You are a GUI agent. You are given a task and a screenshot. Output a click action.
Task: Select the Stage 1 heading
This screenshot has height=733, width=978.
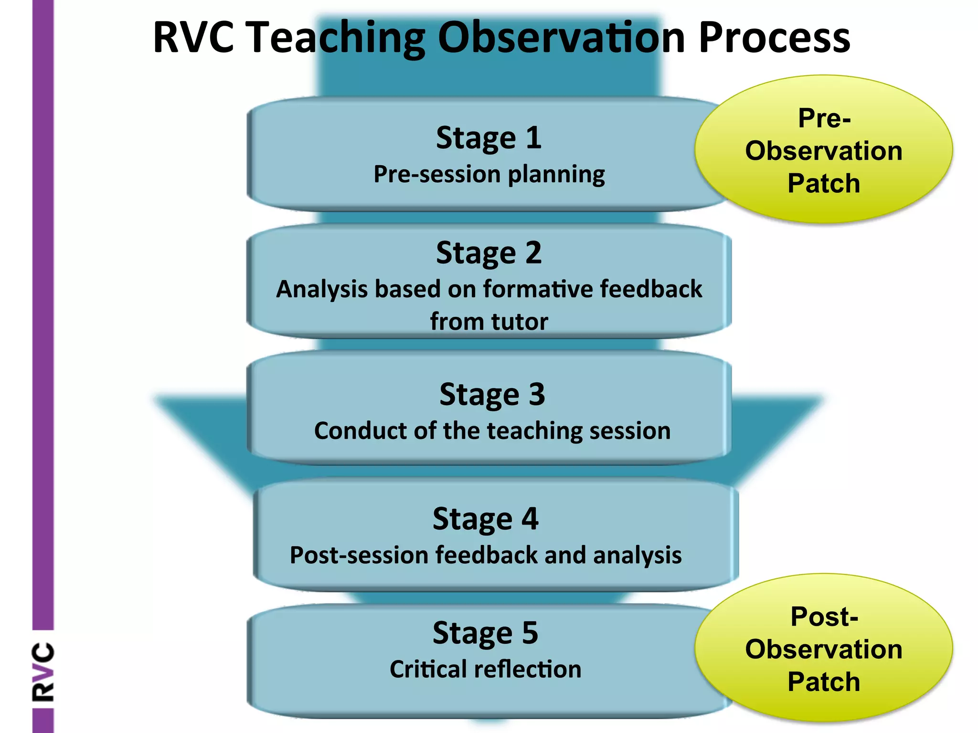point(489,138)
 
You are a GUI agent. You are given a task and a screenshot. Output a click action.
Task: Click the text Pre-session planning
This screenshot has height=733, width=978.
point(489,174)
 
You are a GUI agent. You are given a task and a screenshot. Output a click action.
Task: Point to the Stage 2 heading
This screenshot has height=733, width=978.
point(489,252)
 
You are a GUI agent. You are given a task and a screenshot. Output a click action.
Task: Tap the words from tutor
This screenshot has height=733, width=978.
point(489,321)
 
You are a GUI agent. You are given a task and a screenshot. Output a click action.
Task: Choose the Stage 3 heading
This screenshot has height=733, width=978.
point(492,395)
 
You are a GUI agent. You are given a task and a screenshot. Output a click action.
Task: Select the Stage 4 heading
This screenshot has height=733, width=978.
point(485,519)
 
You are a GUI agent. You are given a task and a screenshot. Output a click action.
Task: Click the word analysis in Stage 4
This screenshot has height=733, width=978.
point(637,555)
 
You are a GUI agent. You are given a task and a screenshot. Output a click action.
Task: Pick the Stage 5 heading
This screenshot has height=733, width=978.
point(485,633)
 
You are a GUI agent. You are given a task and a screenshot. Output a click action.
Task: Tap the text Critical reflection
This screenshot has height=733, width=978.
point(485,669)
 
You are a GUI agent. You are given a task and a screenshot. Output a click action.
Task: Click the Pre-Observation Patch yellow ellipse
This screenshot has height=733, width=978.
point(823,149)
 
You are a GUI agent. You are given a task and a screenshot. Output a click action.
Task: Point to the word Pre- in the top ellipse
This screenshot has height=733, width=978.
point(824,118)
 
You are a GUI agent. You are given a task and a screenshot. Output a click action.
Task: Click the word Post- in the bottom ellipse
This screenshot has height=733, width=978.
point(824,616)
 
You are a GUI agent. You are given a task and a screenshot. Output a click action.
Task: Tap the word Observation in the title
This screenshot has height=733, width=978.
point(562,38)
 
